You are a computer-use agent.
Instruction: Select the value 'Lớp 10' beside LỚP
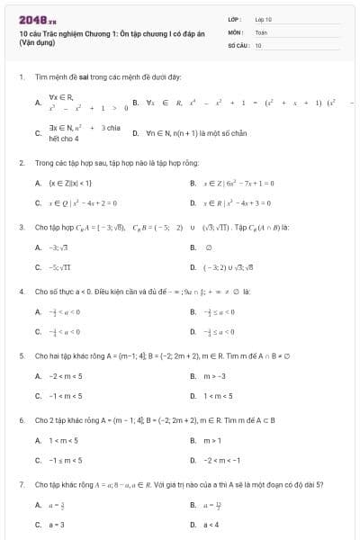[x=264, y=19]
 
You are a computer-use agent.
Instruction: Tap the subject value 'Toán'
[x=261, y=31]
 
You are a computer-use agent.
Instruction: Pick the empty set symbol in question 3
[x=206, y=247]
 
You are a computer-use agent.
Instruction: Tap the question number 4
[x=21, y=292]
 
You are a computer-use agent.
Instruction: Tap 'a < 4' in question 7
[x=211, y=524]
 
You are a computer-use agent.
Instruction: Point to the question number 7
[x=21, y=484]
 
